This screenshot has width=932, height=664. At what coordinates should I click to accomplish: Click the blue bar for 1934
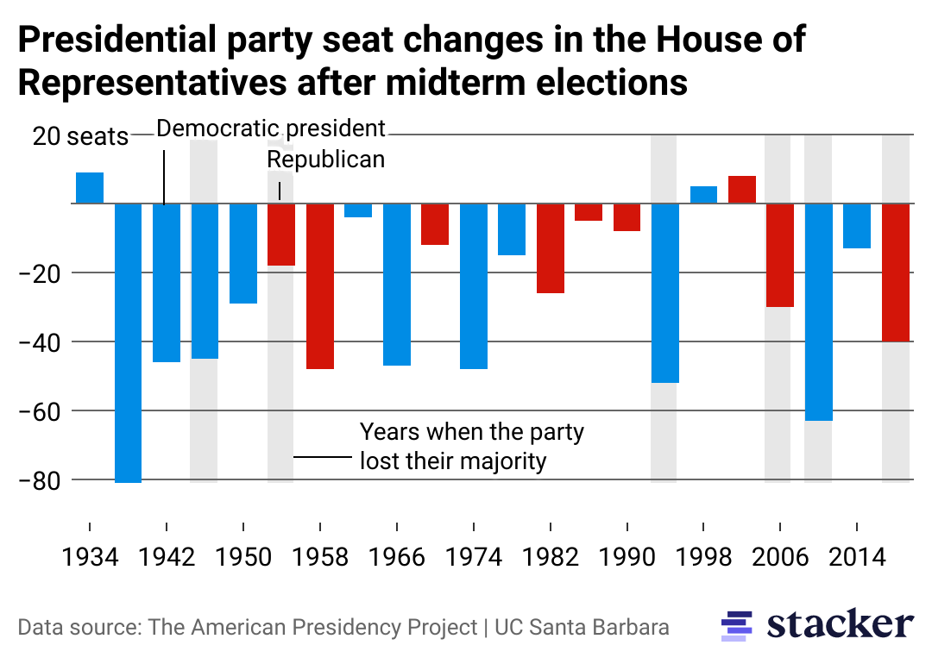[x=90, y=188]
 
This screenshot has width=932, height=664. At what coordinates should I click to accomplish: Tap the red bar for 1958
[x=320, y=285]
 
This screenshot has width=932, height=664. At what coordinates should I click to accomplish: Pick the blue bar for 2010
[x=818, y=311]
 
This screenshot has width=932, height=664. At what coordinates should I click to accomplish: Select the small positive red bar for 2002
[x=742, y=190]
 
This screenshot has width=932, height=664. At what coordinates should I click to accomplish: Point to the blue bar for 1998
[x=703, y=195]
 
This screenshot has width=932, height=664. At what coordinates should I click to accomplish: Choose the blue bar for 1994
[x=664, y=292]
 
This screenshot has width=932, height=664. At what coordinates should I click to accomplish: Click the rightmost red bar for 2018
[x=896, y=272]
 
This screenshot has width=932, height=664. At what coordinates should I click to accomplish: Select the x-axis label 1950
[x=243, y=558]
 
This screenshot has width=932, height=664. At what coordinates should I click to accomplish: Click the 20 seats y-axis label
[x=80, y=136]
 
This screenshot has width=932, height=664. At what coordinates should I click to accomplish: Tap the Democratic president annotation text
[x=271, y=129]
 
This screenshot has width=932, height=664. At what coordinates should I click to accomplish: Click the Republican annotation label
[x=325, y=160]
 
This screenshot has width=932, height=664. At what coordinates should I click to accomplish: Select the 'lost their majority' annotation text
[x=453, y=460]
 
